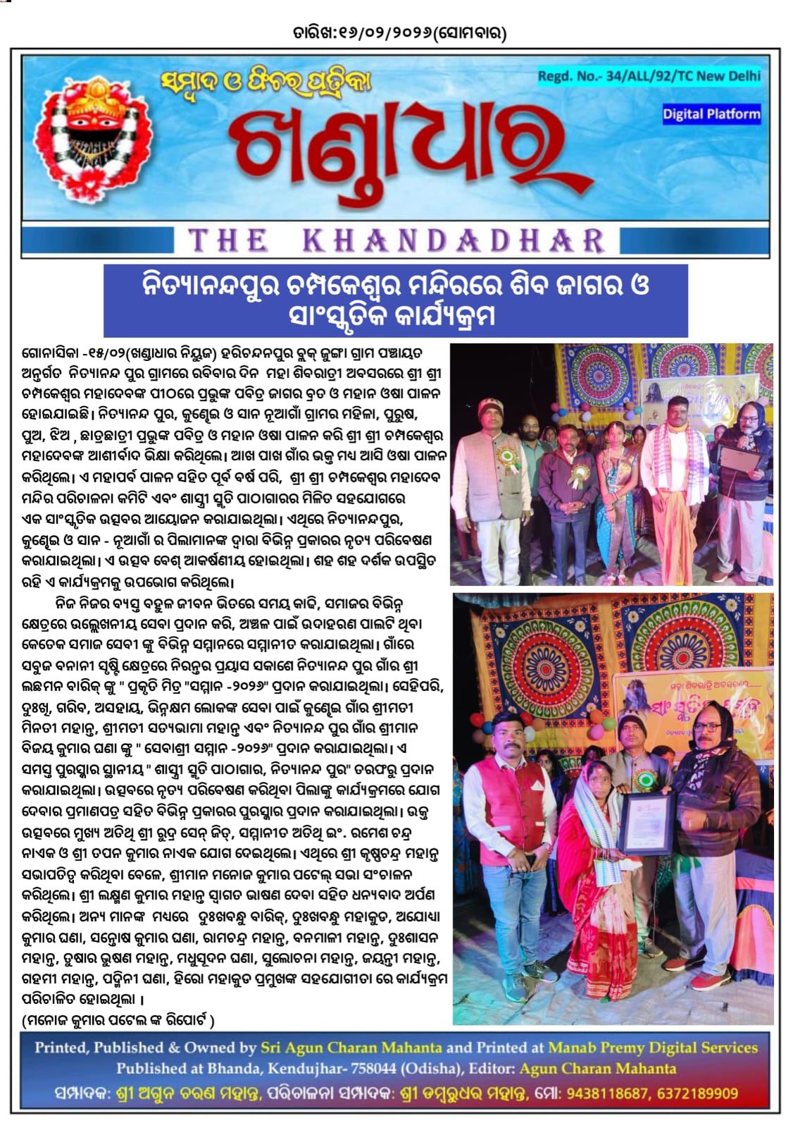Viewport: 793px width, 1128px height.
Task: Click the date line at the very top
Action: pyautogui.click(x=399, y=32)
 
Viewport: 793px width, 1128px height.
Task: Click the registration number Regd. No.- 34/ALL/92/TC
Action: pyautogui.click(x=649, y=76)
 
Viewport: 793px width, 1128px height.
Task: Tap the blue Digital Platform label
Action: pyautogui.click(x=711, y=114)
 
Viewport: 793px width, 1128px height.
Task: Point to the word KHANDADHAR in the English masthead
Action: pyautogui.click(x=454, y=241)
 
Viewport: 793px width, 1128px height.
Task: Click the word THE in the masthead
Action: pyautogui.click(x=228, y=241)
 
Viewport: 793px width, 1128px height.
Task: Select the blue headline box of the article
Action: pyautogui.click(x=395, y=300)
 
